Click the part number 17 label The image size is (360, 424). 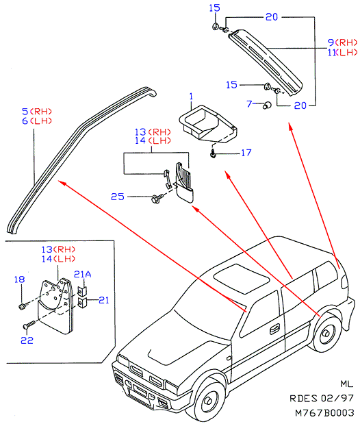pos(246,153)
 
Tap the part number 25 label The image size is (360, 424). pos(118,197)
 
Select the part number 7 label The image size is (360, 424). pos(249,103)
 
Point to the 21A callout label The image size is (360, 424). pos(82,275)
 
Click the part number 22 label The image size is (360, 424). pos(27,340)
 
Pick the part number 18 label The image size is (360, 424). pos(19,279)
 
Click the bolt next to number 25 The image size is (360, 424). pos(157,198)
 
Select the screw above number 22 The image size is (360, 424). pos(29,325)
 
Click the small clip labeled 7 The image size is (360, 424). pos(267,105)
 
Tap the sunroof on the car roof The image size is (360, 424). pos(241,279)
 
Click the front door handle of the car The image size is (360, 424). pos(275,329)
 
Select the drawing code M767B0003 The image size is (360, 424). pos(324,412)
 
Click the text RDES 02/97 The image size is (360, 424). pos(322,398)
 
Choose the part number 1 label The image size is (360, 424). pos(192,97)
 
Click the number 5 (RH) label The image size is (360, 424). pos(37,111)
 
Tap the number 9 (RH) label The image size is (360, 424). pos(342,42)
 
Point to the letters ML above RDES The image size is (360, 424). pos(347,384)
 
